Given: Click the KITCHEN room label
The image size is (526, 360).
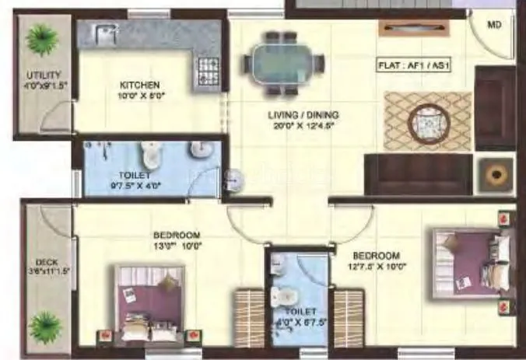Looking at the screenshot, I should [x=139, y=85].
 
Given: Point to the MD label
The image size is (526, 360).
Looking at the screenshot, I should [x=495, y=25].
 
